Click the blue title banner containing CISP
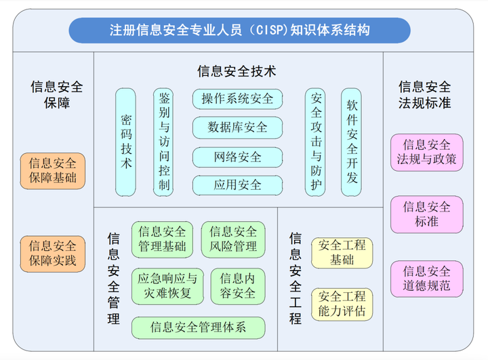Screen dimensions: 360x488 tap(240, 31)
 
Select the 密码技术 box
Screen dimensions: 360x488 tap(126, 141)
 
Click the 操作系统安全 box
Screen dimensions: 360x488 tap(237, 99)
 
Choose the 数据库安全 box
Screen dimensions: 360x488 tap(237, 127)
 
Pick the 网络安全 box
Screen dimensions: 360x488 tap(237, 157)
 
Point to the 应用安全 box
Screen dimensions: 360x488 tap(237, 184)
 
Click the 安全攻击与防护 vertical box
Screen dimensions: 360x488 tap(316, 141)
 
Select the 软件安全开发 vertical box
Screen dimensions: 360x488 tap(351, 141)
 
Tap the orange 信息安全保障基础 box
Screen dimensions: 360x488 tap(53, 171)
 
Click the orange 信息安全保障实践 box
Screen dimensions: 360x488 tap(53, 252)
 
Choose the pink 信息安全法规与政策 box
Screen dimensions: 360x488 tap(427, 153)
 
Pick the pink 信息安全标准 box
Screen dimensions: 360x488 tap(427, 214)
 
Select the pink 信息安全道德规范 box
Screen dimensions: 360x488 tap(427, 278)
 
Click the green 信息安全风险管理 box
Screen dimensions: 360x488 tap(233, 239)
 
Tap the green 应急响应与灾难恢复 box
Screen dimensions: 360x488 tap(167, 285)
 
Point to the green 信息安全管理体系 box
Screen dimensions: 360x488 tap(198, 328)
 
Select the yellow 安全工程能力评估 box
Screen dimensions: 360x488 tap(342, 304)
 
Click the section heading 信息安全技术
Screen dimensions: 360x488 tap(237, 71)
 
